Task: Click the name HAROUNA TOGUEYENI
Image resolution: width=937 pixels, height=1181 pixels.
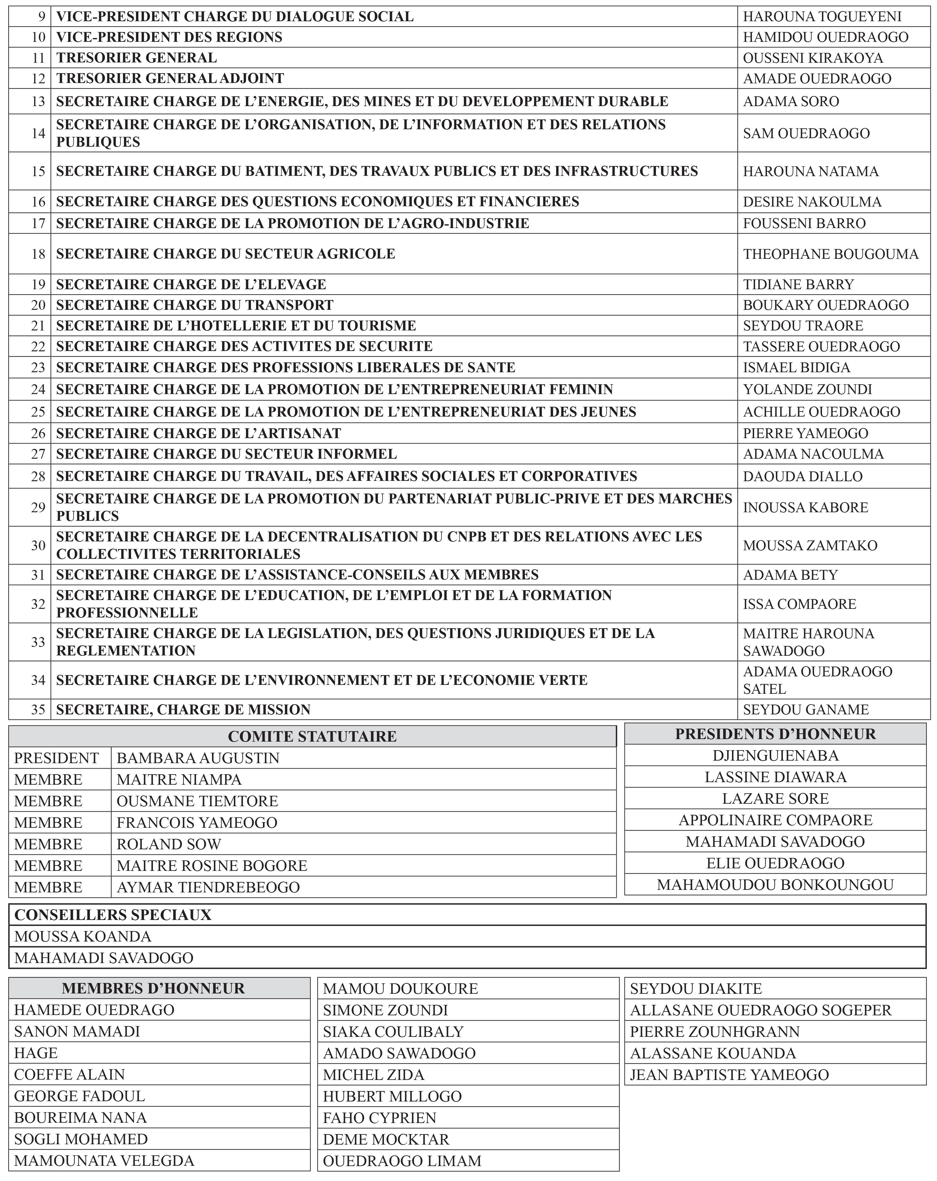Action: (x=822, y=16)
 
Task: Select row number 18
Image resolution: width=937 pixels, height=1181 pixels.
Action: (x=38, y=254)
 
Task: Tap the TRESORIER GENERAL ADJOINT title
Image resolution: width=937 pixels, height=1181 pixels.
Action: (x=170, y=78)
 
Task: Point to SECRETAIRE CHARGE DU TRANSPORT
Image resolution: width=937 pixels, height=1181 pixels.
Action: (x=195, y=305)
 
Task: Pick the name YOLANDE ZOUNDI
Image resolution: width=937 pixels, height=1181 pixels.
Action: (x=807, y=389)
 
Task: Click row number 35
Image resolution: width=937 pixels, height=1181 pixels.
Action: (x=38, y=709)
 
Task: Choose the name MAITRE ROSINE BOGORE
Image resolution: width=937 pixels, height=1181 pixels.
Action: (x=211, y=865)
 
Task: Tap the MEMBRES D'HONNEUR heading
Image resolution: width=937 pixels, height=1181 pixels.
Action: (x=153, y=988)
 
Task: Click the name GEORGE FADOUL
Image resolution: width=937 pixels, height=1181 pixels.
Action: (x=80, y=1095)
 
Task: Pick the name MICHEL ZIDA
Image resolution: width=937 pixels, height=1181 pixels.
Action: (x=373, y=1074)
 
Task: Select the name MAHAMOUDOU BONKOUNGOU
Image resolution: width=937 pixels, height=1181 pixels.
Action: (x=775, y=885)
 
